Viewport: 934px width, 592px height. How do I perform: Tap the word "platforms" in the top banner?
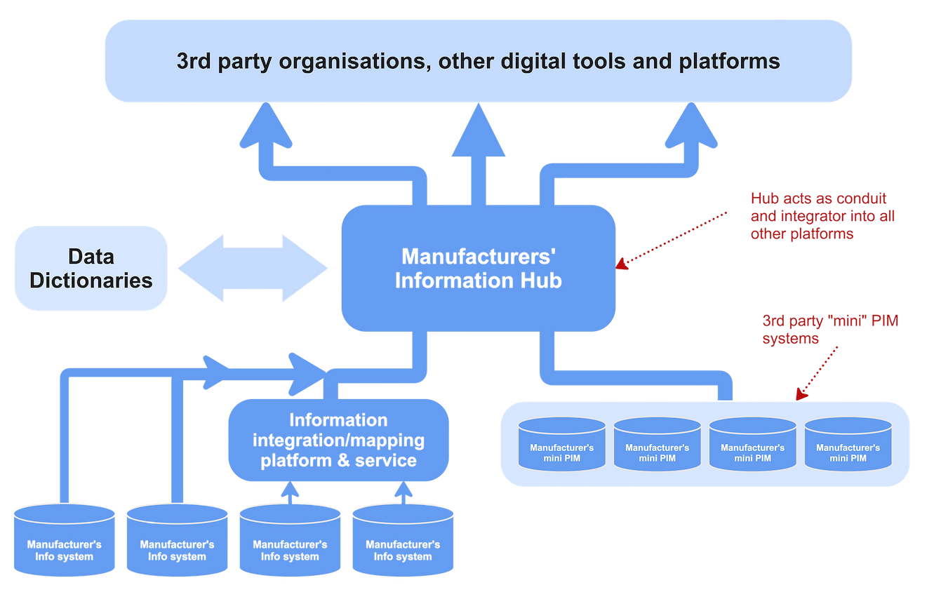(730, 61)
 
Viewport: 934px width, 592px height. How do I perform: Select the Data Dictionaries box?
(91, 268)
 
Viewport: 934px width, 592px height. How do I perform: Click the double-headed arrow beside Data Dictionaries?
(253, 269)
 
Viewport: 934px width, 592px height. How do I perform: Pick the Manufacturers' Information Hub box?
(479, 268)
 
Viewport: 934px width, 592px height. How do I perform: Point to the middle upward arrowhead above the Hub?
(478, 130)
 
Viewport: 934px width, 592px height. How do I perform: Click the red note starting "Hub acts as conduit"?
(822, 216)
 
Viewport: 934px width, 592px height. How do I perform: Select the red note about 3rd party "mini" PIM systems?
(830, 329)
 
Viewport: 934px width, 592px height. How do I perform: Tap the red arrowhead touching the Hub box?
(620, 265)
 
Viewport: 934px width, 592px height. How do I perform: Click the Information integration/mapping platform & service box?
(339, 440)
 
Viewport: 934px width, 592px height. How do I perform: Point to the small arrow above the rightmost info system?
(403, 491)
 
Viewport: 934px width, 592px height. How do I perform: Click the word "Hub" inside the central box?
(541, 281)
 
